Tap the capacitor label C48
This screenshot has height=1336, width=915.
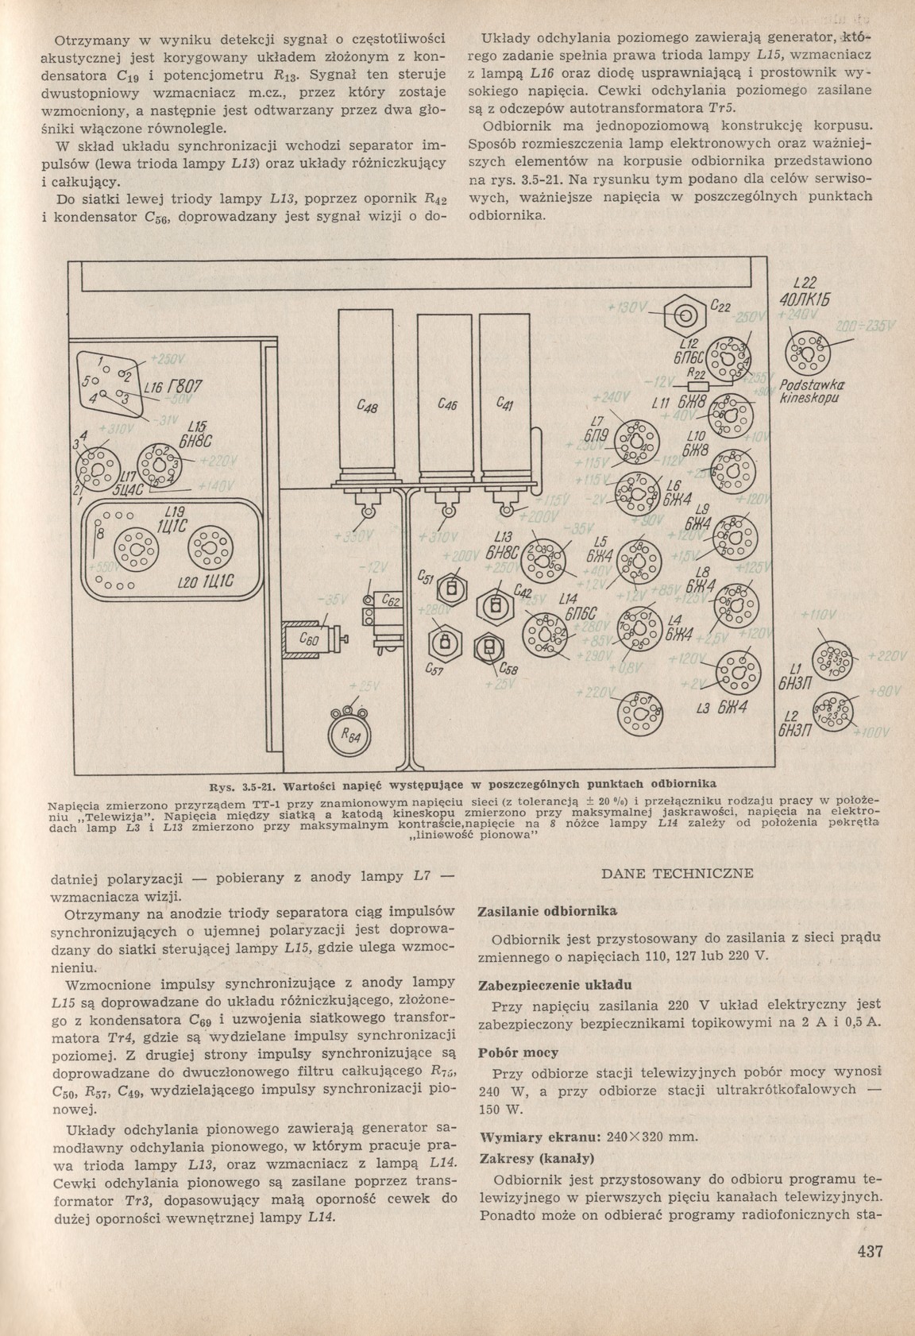tap(367, 407)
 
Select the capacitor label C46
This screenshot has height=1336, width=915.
tap(446, 404)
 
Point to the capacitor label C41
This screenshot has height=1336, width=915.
tap(504, 404)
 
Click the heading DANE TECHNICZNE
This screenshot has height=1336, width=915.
tap(677, 875)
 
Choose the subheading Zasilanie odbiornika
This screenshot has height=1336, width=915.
tap(546, 910)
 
